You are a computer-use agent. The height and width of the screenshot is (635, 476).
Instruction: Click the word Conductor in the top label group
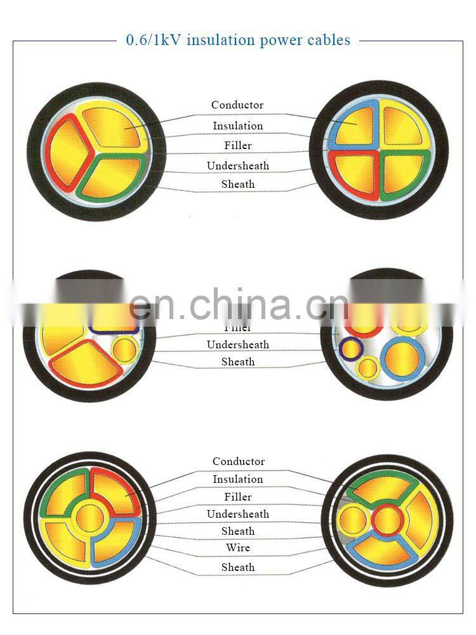pos(237,105)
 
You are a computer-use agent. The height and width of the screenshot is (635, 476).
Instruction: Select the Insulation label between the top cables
pos(237,126)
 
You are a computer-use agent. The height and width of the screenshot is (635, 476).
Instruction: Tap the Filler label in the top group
pos(238,146)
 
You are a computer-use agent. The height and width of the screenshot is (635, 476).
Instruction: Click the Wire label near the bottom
pos(238,548)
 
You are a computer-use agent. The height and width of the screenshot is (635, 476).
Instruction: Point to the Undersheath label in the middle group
pos(238,345)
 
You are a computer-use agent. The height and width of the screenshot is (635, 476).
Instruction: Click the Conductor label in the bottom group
pos(239,462)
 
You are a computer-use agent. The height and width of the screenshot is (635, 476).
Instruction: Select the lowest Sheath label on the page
pos(238,568)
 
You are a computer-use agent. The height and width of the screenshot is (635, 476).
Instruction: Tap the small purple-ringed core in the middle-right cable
pos(348,348)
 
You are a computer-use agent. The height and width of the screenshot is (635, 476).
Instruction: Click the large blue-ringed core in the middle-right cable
pos(405,358)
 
